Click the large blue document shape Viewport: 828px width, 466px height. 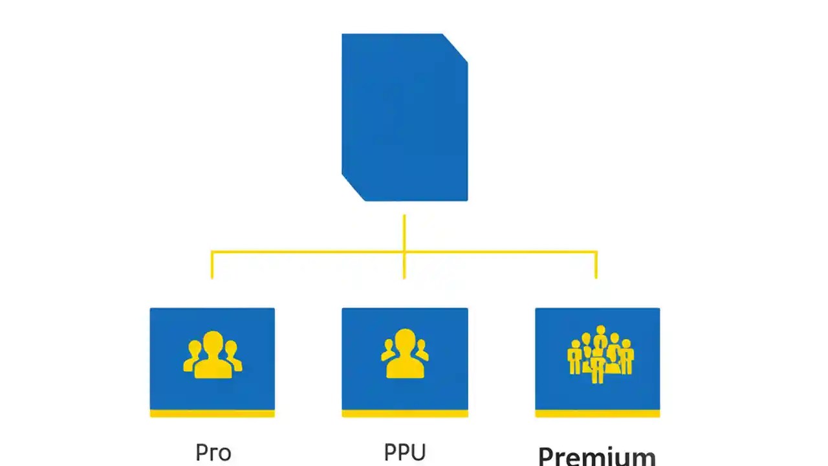tap(404, 116)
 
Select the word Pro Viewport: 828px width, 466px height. tap(213, 452)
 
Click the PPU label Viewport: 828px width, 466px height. tap(405, 452)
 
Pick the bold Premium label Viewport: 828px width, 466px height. tap(596, 456)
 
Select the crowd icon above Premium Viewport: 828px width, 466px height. tap(600, 354)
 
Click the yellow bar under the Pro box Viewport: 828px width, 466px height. tap(212, 414)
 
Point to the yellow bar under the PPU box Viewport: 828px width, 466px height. tap(405, 414)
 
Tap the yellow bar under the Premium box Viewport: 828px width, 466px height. tap(597, 414)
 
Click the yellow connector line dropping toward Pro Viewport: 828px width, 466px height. tap(212, 265)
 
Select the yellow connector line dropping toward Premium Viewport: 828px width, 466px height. tap(596, 265)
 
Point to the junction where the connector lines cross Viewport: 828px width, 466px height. tap(404, 252)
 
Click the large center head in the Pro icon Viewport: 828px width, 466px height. tap(213, 344)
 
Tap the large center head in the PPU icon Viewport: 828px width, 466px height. tap(405, 341)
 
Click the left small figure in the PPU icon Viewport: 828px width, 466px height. tap(389, 350)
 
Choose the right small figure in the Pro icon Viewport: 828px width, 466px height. tap(234, 352)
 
